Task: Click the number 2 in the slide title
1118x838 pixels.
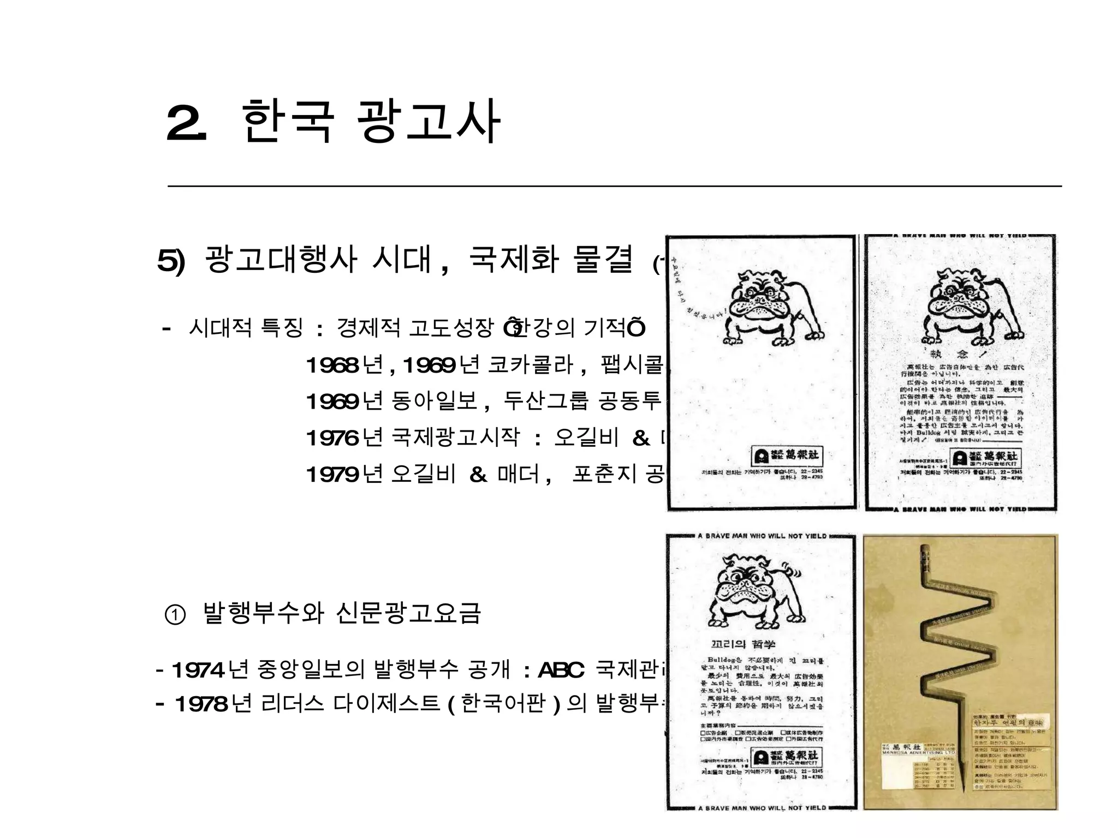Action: click(x=186, y=123)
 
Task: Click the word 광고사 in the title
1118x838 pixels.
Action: click(x=427, y=123)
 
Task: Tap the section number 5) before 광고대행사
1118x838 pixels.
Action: click(x=171, y=261)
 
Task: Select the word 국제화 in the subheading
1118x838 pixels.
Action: click(x=514, y=260)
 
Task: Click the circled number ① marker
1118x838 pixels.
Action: click(x=175, y=615)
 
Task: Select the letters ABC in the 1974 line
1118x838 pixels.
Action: click(x=561, y=670)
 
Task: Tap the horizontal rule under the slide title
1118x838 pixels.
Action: click(x=614, y=186)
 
